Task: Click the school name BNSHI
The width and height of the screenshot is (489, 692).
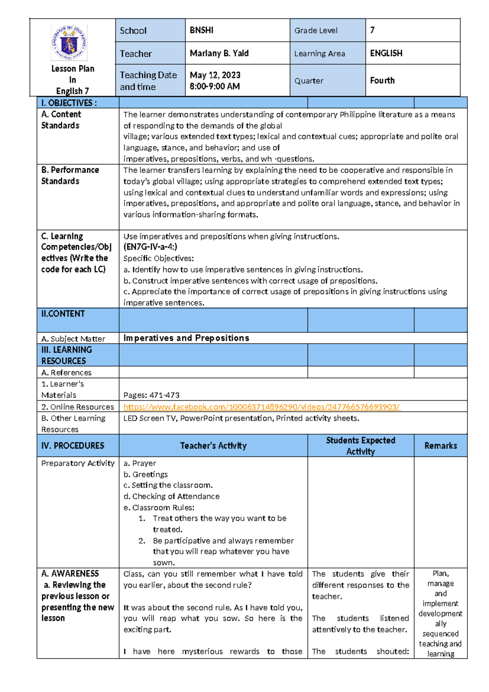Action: (x=201, y=30)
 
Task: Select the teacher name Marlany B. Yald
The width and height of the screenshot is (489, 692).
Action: (x=219, y=53)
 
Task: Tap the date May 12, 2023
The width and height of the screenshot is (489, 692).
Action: (x=215, y=75)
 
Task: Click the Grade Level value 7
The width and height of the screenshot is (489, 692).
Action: (x=372, y=30)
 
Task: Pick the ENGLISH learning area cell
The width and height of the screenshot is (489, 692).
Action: (x=386, y=53)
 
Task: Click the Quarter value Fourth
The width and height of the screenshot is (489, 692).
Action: (x=382, y=80)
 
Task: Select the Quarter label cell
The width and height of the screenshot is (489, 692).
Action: (x=309, y=81)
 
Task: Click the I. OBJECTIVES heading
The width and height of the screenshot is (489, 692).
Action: (x=69, y=103)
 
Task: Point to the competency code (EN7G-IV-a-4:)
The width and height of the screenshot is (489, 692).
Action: (x=150, y=247)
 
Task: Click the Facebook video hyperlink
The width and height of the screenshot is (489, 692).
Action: (x=262, y=407)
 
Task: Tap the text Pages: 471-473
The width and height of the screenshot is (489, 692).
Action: (x=151, y=395)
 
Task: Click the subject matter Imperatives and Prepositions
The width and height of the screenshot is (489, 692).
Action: (x=186, y=338)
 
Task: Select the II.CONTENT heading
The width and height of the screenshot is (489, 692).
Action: (x=63, y=314)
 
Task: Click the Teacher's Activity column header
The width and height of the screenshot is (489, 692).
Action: (x=213, y=446)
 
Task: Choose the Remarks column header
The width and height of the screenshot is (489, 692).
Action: (x=441, y=446)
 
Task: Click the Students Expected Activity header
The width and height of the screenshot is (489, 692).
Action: (x=361, y=446)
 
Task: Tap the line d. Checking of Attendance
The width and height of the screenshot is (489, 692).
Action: (x=172, y=496)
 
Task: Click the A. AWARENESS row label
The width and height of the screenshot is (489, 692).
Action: (x=70, y=573)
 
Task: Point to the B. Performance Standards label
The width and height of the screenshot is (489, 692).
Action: (x=70, y=175)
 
